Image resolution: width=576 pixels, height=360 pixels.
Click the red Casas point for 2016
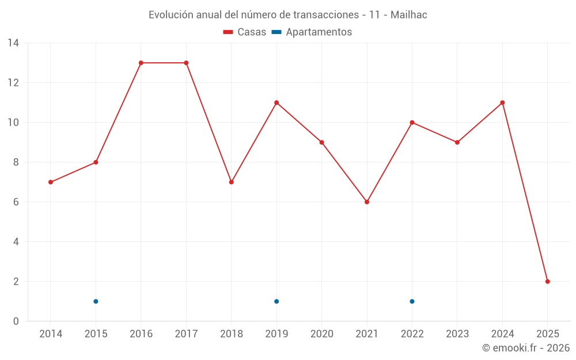click(141, 63)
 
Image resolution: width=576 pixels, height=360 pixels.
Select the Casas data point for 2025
click(547, 282)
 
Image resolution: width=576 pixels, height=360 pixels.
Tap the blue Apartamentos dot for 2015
click(96, 301)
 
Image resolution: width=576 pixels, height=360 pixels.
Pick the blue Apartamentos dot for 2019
click(276, 301)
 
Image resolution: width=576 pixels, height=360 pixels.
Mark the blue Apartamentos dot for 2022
click(412, 301)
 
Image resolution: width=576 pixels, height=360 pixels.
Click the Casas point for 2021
click(367, 202)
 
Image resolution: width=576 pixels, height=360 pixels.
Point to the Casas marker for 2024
click(502, 103)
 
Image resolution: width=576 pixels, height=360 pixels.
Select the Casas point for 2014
click(51, 182)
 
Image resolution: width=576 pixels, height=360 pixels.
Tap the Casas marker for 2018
click(231, 182)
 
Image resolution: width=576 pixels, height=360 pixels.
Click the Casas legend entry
click(245, 32)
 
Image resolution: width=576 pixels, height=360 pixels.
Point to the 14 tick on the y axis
click(13, 43)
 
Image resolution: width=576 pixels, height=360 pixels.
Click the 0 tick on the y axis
click(16, 321)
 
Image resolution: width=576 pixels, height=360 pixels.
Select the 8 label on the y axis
click(16, 162)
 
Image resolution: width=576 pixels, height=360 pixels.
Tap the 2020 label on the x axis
click(321, 334)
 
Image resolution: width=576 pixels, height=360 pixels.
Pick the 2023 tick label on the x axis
click(457, 334)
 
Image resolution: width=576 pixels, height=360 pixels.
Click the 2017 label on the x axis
click(186, 334)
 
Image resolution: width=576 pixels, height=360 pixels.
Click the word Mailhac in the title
click(408, 15)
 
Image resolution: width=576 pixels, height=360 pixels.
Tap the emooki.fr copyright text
click(526, 348)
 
